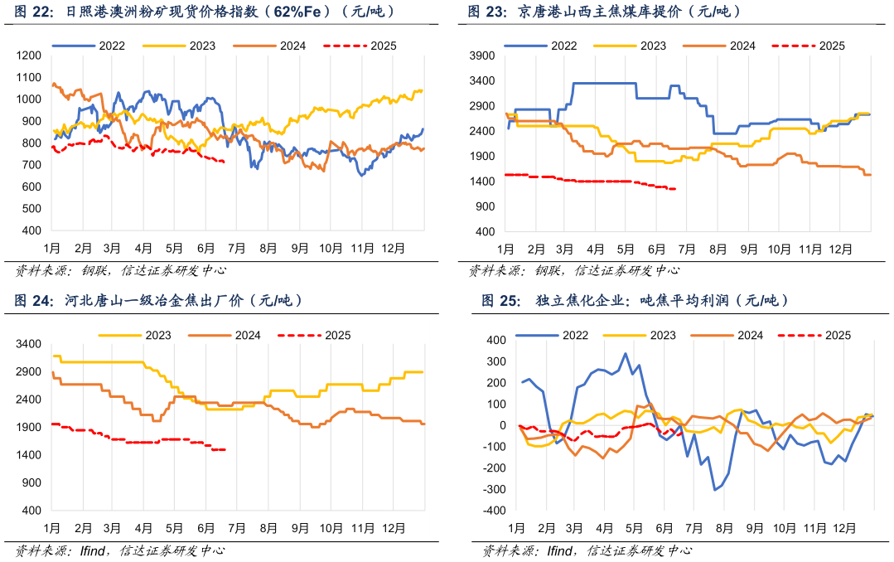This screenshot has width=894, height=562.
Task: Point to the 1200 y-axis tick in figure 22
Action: (x=29, y=56)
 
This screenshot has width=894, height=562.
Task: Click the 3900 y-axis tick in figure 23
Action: (x=482, y=56)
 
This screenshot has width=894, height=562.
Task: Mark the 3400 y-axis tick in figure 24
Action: (x=29, y=344)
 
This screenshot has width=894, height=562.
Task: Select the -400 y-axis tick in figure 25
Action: (x=495, y=511)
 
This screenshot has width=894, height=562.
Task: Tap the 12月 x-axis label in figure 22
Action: (x=391, y=248)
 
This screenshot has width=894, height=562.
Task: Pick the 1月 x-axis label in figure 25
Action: (x=516, y=528)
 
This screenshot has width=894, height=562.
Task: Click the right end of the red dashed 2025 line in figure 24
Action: (x=225, y=450)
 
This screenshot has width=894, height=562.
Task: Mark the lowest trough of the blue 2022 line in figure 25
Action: (x=715, y=490)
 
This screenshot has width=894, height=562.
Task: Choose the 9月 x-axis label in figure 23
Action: (x=748, y=248)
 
